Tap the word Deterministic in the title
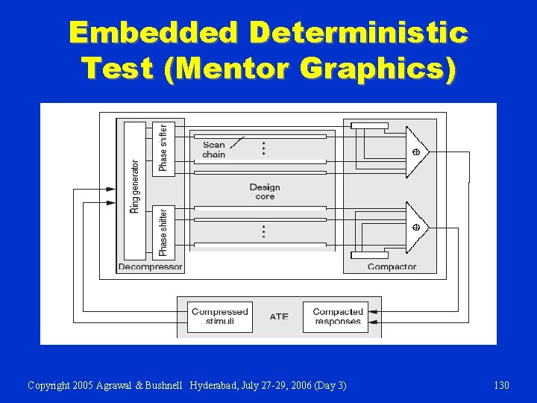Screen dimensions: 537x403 tap(359, 33)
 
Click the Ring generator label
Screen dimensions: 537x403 tap(135, 187)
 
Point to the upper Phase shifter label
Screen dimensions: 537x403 tap(163, 147)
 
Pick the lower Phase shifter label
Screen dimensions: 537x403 tap(163, 232)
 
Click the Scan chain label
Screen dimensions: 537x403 tap(213, 150)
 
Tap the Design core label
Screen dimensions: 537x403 tap(265, 192)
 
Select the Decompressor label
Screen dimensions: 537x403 tap(150, 266)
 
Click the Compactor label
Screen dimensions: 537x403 tap(392, 266)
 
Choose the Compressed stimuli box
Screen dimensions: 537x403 tap(219, 316)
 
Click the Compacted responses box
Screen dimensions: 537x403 tap(338, 316)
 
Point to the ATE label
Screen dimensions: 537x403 tap(279, 317)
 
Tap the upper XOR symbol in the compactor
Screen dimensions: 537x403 tap(416, 152)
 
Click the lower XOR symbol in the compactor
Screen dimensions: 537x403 tap(416, 227)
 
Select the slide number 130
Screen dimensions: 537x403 tap(501, 385)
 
